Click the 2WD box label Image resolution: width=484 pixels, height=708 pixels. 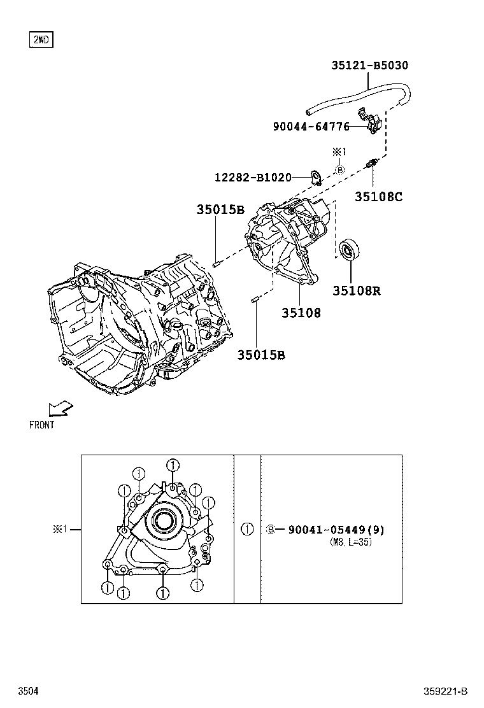pos(41,40)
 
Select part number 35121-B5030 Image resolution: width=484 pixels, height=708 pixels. pos(369,65)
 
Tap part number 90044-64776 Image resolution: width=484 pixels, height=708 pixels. pos(311,127)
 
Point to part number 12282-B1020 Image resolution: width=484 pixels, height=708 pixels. pos(252,177)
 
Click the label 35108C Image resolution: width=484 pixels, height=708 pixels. pos(378,197)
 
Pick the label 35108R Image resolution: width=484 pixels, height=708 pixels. pos(356,291)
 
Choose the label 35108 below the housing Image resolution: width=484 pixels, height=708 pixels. pos(301,313)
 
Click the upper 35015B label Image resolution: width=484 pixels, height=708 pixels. pos(220,209)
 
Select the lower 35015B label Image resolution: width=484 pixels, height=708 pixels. pos(261,355)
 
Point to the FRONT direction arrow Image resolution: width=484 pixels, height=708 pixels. pos(61,407)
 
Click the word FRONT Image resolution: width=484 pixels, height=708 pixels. pos(42,425)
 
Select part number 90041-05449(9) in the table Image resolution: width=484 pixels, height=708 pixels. pos(336,530)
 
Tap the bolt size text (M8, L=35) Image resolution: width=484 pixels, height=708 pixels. pos(350,542)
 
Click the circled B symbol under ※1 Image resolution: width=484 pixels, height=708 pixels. pos(339,170)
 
